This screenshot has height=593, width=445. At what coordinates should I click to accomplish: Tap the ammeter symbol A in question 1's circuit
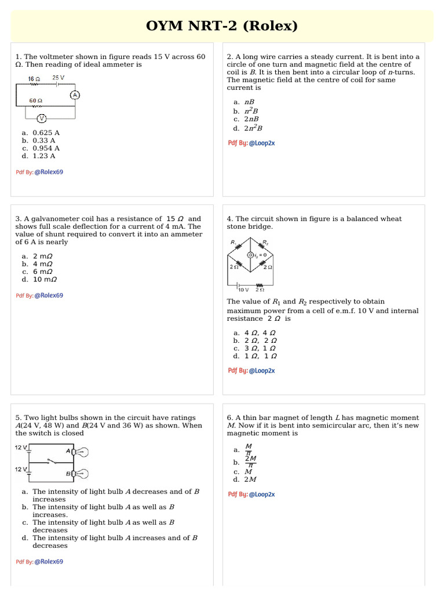click(74, 95)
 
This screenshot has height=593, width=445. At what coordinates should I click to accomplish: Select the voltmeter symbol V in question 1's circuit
click(42, 119)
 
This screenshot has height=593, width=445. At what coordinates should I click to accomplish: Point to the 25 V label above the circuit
click(58, 78)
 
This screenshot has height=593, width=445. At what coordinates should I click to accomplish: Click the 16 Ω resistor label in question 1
click(34, 78)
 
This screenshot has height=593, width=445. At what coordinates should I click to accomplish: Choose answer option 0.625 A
click(46, 133)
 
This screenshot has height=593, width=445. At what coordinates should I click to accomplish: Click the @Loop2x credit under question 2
click(262, 143)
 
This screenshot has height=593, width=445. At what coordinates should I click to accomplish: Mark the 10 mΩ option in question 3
click(45, 279)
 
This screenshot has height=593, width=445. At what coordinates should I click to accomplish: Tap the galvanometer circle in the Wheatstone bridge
click(250, 255)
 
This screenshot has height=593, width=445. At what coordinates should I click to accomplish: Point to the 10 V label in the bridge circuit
click(243, 290)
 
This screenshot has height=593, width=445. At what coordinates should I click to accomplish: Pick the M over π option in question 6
click(249, 449)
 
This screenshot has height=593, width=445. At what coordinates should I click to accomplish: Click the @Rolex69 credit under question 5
click(49, 562)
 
